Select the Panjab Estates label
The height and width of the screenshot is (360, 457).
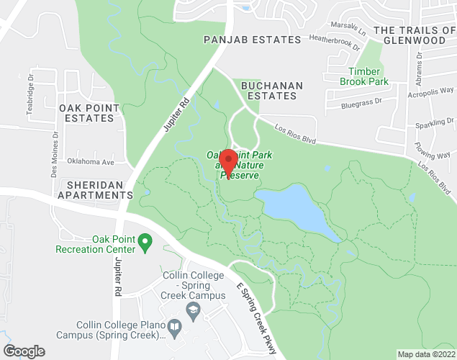(252, 40)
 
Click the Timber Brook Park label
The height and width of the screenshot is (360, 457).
(368, 76)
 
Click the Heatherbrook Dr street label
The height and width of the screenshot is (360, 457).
(334, 44)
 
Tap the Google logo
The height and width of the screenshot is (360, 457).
(23, 351)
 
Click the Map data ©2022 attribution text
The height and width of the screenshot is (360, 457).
(427, 354)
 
